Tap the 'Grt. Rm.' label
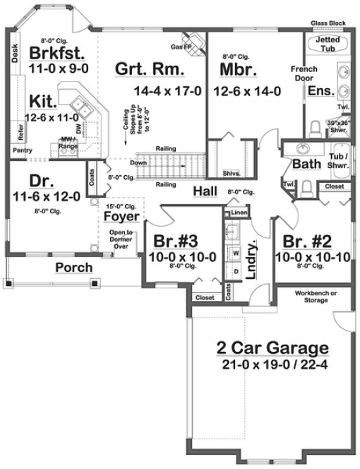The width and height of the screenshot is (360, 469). point(151,69)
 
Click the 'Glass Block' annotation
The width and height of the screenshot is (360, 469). point(328,23)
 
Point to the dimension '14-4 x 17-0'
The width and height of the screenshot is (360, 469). point(167,91)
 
